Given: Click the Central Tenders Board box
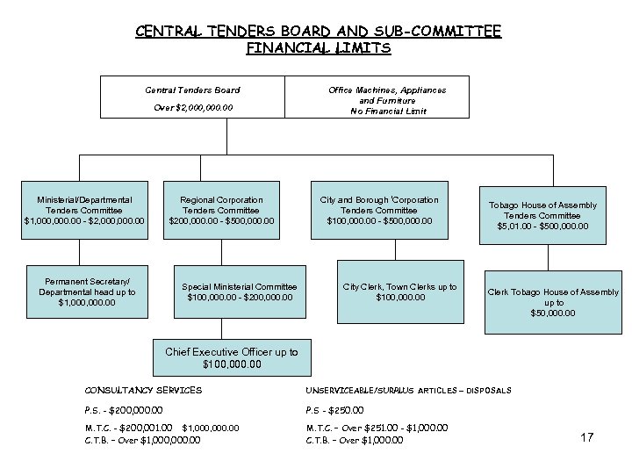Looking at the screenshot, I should point(192,97).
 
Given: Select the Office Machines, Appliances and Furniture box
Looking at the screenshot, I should point(387,97).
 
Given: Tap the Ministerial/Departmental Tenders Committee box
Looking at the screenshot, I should point(84,210).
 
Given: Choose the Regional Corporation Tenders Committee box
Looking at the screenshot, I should point(227,210).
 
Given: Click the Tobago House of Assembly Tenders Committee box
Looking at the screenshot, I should point(549,215).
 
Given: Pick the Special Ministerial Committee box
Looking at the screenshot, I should point(240,292).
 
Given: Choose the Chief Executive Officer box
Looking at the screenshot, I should point(232,357).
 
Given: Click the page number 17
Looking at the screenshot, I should point(587,436).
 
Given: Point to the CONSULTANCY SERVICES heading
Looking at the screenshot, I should point(143,390).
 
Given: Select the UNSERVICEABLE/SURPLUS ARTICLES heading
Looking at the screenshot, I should point(408,390).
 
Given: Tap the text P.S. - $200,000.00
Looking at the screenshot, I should point(123,410).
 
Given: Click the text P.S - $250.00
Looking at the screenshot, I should point(334,410).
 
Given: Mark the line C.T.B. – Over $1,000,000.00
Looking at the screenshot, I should point(142,439).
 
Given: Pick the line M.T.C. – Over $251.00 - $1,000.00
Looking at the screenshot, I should point(377,428).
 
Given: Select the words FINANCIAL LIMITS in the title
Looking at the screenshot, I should point(317,48).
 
